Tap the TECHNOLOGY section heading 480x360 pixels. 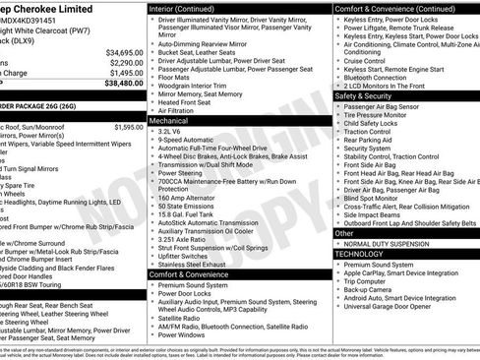(359, 253)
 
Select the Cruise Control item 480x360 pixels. (365, 61)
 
